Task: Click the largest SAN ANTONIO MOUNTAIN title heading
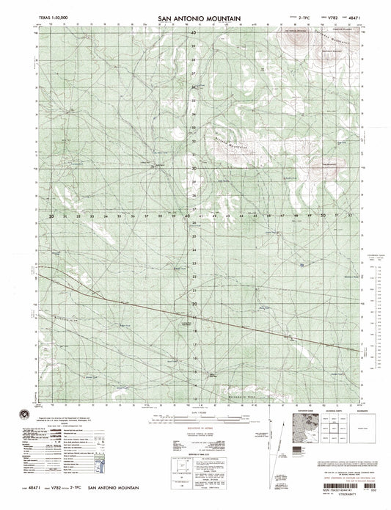pos(195,15)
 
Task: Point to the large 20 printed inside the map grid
pos(194,302)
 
